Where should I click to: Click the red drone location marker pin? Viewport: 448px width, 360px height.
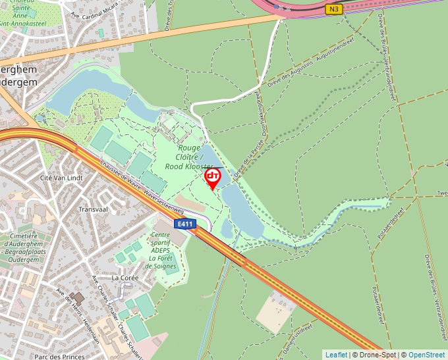213,177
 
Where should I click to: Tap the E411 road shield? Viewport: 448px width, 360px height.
184,224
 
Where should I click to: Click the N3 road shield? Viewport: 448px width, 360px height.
334,9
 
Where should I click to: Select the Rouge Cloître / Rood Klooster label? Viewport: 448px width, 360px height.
190,157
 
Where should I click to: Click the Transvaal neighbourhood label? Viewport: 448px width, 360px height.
92,209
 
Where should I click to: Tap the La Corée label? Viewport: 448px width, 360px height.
125,278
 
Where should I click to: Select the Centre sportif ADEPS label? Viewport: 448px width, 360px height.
163,250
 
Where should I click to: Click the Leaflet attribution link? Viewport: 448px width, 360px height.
336,355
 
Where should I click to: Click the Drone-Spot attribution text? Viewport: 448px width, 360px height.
376,355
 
